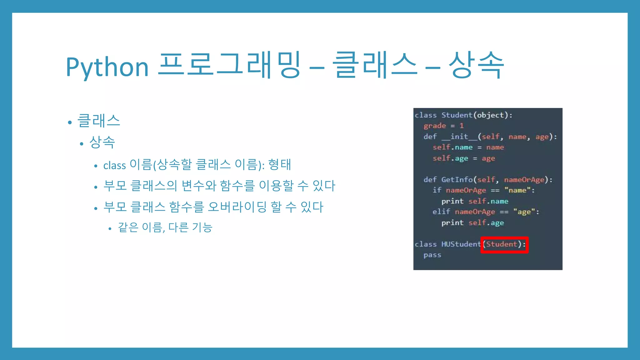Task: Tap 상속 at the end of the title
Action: coord(476,65)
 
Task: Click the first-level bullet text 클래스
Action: coord(98,121)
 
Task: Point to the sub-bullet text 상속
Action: coord(102,142)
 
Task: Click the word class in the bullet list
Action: coord(114,165)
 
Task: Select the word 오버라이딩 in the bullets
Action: coord(237,207)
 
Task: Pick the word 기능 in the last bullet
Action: coord(202,227)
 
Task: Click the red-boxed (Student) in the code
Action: coord(504,244)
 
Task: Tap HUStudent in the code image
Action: coord(461,244)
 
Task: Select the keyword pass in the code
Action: coord(432,255)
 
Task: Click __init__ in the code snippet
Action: coord(459,137)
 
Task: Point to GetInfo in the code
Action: coord(457,180)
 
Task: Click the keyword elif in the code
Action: coord(441,212)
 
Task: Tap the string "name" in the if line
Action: coord(517,190)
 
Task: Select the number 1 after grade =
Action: coord(462,126)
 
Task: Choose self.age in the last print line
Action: coord(486,223)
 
